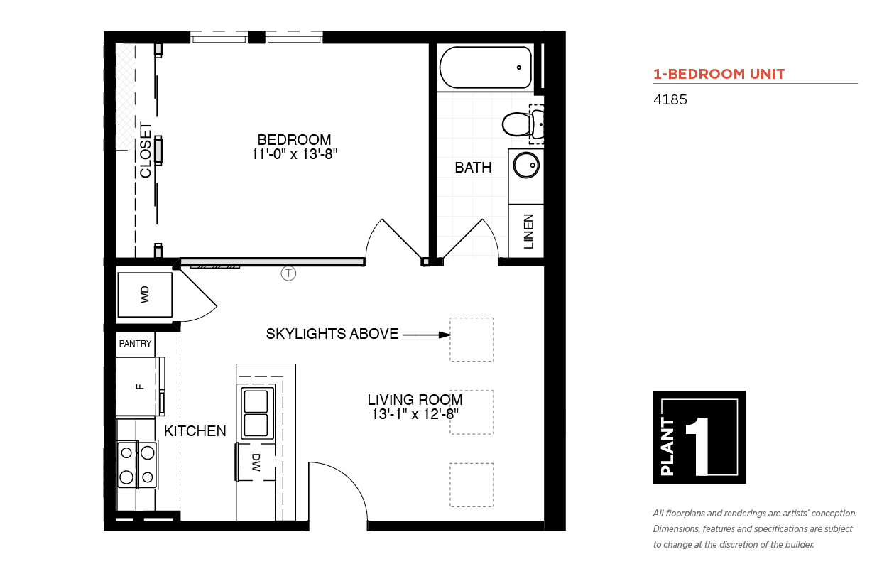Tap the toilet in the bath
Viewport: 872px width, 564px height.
point(518,124)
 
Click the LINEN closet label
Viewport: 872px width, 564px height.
point(528,232)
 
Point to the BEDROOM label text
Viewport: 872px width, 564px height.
point(294,140)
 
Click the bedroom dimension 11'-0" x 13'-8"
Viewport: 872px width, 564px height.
point(294,153)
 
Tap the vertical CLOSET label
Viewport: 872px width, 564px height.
point(146,151)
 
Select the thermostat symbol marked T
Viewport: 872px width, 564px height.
point(288,273)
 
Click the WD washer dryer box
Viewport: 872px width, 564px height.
point(145,295)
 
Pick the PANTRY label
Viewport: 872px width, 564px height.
point(135,344)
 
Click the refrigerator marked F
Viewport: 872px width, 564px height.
point(139,386)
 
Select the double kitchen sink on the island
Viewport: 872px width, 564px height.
point(257,413)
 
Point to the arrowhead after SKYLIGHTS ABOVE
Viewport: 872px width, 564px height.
point(445,335)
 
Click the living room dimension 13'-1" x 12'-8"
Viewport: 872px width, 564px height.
point(415,413)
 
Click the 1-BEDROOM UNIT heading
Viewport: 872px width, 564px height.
point(719,74)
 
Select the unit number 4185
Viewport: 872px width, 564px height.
point(670,100)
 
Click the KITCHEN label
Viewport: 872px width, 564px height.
point(195,431)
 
